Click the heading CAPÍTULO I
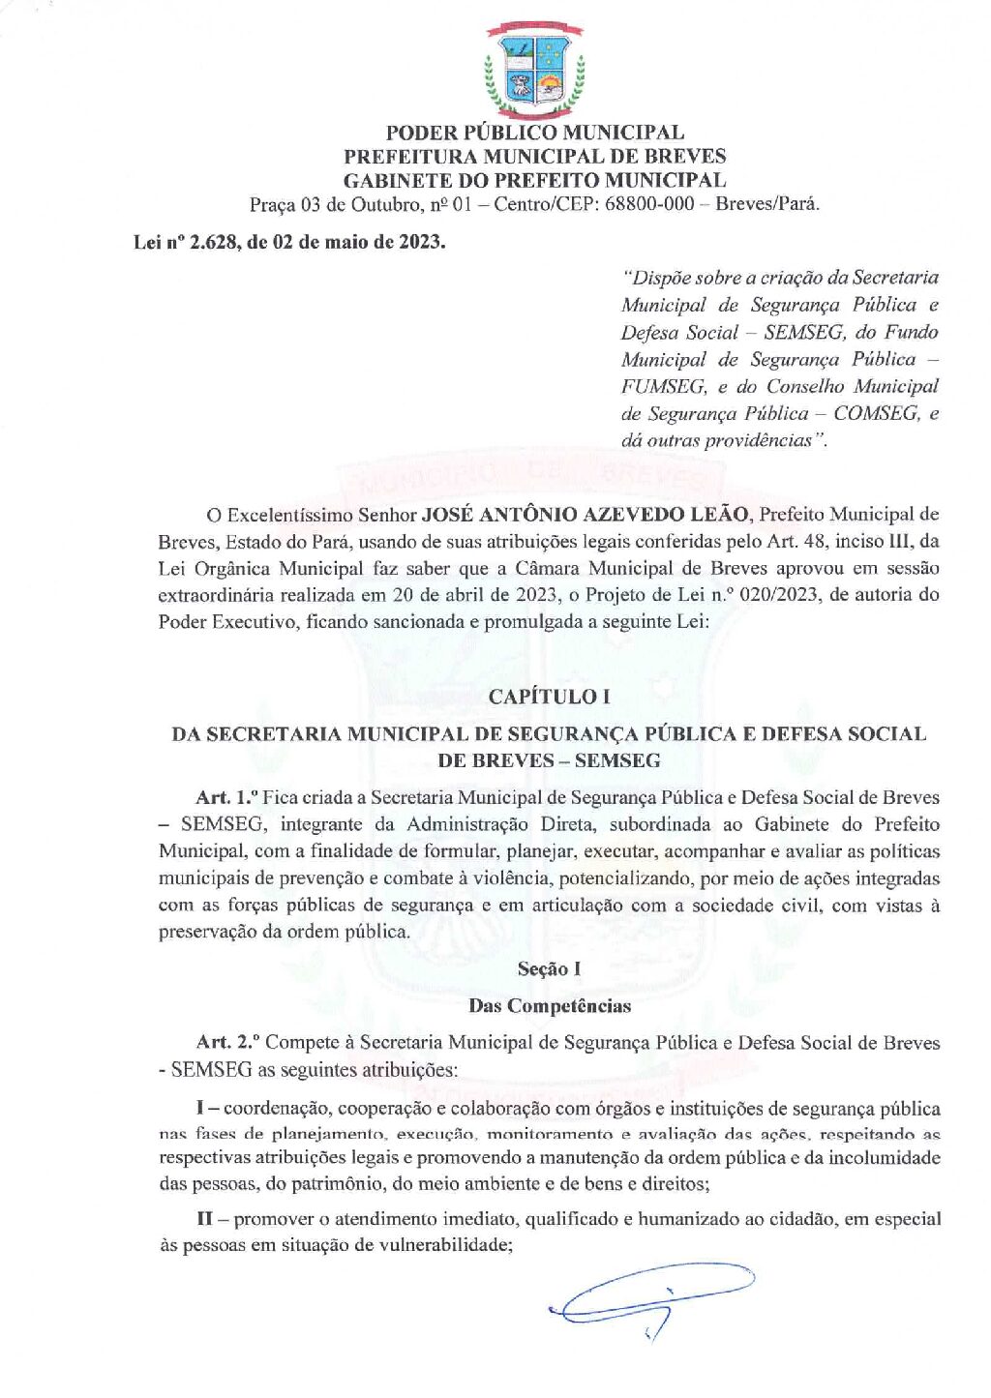[549, 697]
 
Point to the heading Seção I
[549, 969]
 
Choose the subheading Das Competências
[549, 1006]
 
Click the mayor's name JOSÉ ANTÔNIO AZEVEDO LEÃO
[585, 515]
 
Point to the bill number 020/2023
[779, 595]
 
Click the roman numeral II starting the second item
[204, 1219]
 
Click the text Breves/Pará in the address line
[766, 204]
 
